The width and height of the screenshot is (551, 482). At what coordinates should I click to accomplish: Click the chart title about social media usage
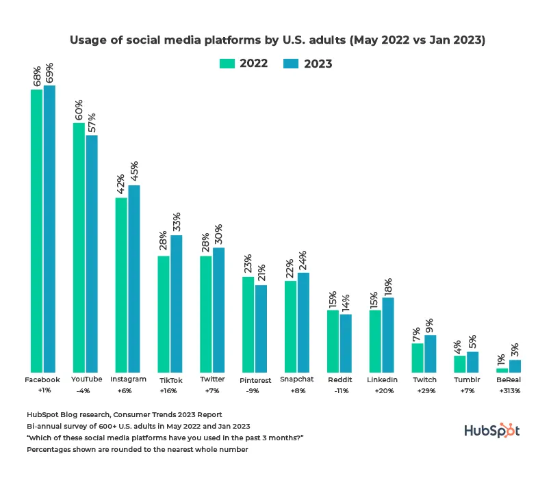[277, 40]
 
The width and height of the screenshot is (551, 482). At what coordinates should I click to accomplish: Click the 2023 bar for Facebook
[49, 229]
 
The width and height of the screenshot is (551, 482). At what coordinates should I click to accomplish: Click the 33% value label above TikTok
[177, 222]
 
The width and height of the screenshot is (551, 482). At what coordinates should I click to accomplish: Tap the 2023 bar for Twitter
[218, 310]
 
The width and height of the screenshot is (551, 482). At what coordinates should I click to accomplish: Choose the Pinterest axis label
[256, 380]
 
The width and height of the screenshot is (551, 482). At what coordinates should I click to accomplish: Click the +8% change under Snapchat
[297, 392]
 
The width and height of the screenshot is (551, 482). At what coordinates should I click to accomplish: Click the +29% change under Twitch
[424, 392]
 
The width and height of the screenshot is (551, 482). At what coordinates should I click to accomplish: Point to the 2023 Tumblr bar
[473, 362]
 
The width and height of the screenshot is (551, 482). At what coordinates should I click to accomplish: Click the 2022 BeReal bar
[502, 370]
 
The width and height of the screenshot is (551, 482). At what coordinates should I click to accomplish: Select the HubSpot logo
[492, 431]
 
